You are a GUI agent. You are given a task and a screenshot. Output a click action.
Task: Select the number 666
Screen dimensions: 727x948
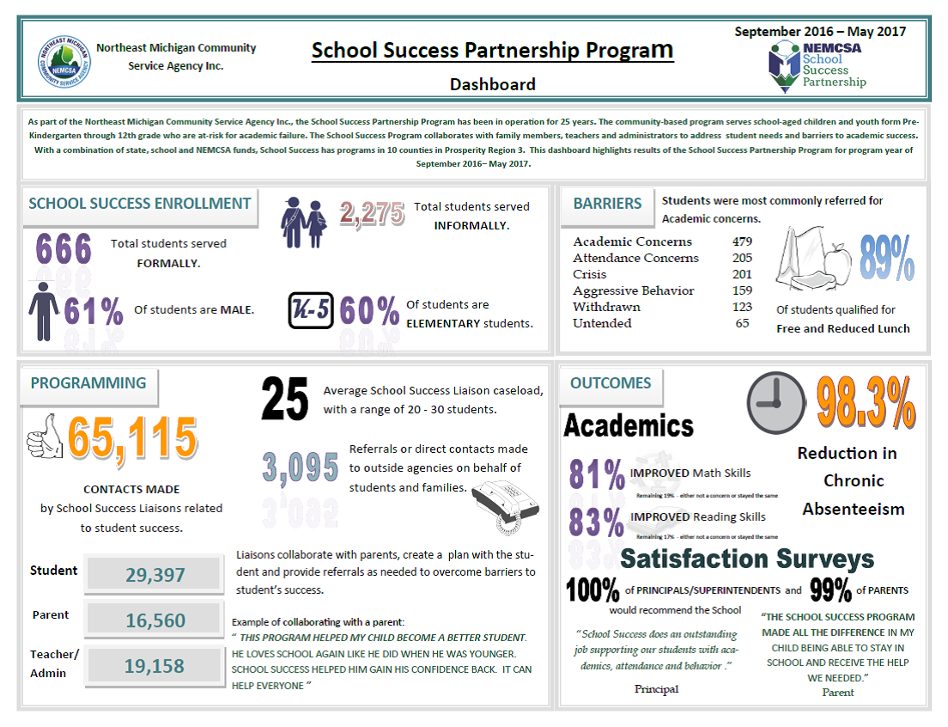64,250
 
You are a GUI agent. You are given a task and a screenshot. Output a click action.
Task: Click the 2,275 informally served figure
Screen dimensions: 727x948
372,214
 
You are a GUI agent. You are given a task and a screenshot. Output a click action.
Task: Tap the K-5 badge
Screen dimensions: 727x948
310,311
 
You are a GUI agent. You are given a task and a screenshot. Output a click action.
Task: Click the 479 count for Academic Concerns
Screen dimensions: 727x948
742,241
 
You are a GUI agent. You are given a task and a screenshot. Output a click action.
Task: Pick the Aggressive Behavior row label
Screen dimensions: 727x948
634,290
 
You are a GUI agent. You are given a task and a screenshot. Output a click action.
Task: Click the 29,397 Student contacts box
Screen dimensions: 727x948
155,575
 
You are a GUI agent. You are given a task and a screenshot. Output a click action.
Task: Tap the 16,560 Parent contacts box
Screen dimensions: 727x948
155,620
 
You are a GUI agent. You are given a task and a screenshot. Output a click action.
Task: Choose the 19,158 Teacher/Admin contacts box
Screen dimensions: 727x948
155,666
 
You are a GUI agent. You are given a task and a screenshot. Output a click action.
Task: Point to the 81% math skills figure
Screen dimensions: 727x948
597,474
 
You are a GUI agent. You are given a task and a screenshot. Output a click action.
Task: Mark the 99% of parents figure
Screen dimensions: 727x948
830,590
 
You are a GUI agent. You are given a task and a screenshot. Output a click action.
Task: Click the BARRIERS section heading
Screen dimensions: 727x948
607,204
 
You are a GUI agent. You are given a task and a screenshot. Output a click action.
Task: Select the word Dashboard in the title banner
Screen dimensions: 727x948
493,84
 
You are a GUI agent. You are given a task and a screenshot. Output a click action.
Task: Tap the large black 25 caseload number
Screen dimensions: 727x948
284,400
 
